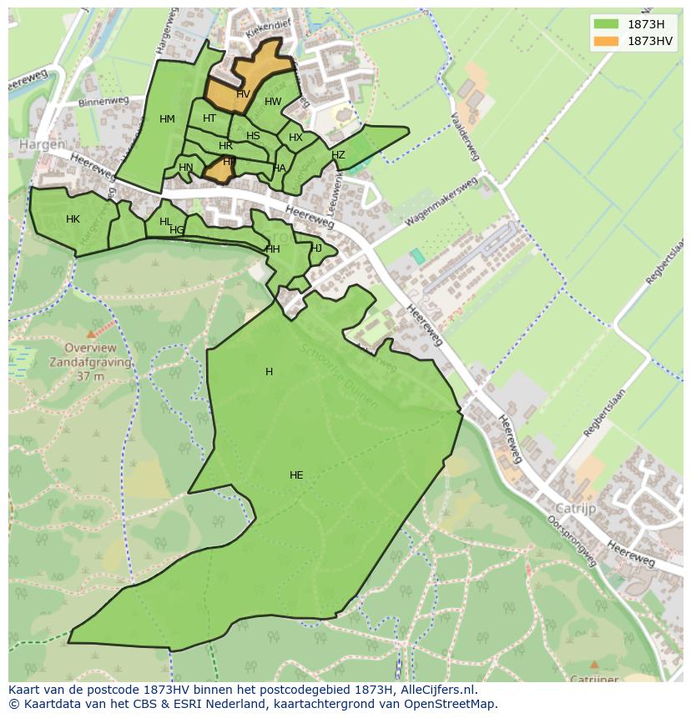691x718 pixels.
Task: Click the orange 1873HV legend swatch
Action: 607,41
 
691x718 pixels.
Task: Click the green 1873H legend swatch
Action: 607,23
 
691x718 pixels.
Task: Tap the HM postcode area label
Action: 167,119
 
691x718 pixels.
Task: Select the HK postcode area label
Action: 73,219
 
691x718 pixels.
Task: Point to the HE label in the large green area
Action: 296,475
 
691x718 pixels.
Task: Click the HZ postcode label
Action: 338,155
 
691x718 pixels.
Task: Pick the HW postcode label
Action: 273,102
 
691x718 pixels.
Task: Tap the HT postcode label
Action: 209,118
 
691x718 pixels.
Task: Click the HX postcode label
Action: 295,138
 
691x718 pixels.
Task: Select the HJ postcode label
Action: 316,248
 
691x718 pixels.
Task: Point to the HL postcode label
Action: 165,222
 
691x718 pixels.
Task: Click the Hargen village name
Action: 42,144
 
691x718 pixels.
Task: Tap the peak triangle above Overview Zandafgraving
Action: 91,334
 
